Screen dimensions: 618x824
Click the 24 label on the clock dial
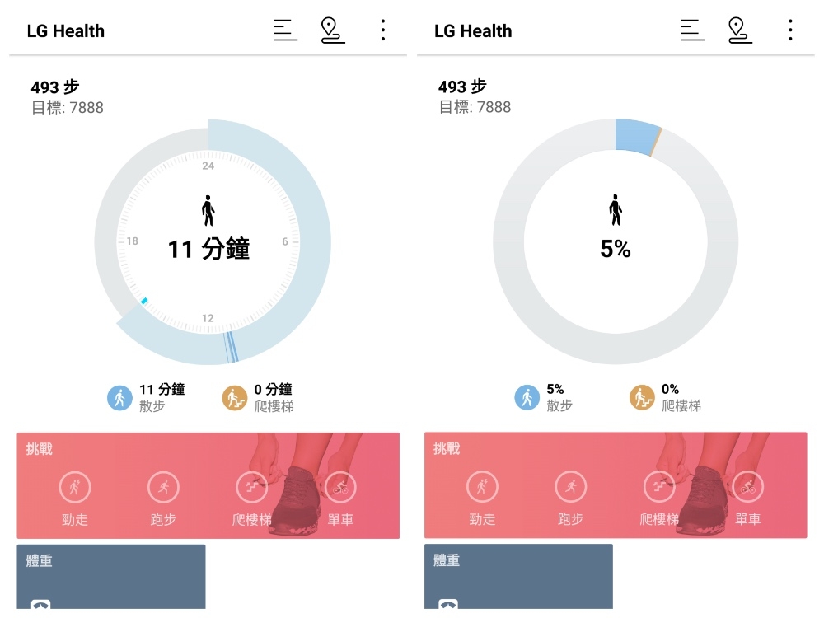pos(208,166)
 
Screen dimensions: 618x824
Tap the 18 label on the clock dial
pos(132,241)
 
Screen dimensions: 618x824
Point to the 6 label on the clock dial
pos(285,241)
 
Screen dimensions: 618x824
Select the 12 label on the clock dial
pos(208,318)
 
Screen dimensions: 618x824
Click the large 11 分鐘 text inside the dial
pos(208,249)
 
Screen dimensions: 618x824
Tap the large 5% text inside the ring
pos(616,249)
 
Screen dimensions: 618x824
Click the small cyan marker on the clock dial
pos(144,301)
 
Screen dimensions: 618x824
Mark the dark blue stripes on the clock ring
pos(232,347)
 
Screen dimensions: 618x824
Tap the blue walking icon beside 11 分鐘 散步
pos(120,398)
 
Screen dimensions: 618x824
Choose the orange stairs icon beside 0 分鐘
pos(235,398)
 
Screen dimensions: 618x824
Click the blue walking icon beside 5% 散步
pos(527,398)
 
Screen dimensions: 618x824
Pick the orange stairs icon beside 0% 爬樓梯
pos(643,398)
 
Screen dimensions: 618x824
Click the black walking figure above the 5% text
pos(616,210)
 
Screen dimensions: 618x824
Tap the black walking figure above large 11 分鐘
pos(208,210)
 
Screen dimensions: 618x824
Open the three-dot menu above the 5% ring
pos(789,30)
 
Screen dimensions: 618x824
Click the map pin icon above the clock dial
pos(332,30)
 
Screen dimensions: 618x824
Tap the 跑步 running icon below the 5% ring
pos(570,487)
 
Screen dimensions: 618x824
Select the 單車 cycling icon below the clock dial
pos(340,487)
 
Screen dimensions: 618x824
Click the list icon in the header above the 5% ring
pos(692,30)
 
